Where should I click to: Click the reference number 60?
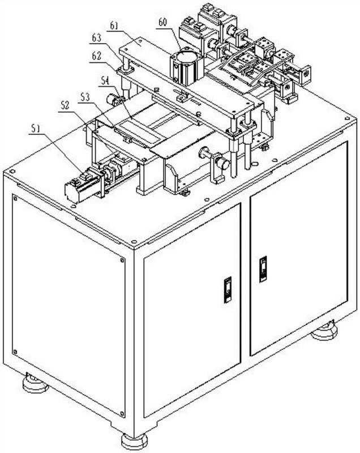click(x=162, y=23)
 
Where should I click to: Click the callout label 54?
click(x=104, y=81)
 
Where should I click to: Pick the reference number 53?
click(x=85, y=97)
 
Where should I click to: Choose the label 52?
click(x=65, y=105)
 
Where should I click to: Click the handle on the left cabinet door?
click(x=228, y=290)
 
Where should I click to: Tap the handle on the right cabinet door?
click(x=263, y=269)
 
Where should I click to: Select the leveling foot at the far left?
click(x=35, y=384)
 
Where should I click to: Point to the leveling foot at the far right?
click(x=325, y=330)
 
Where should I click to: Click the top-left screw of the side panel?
click(x=14, y=198)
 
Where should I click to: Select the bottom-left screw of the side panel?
click(x=15, y=352)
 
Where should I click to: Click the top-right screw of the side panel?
click(x=122, y=260)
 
